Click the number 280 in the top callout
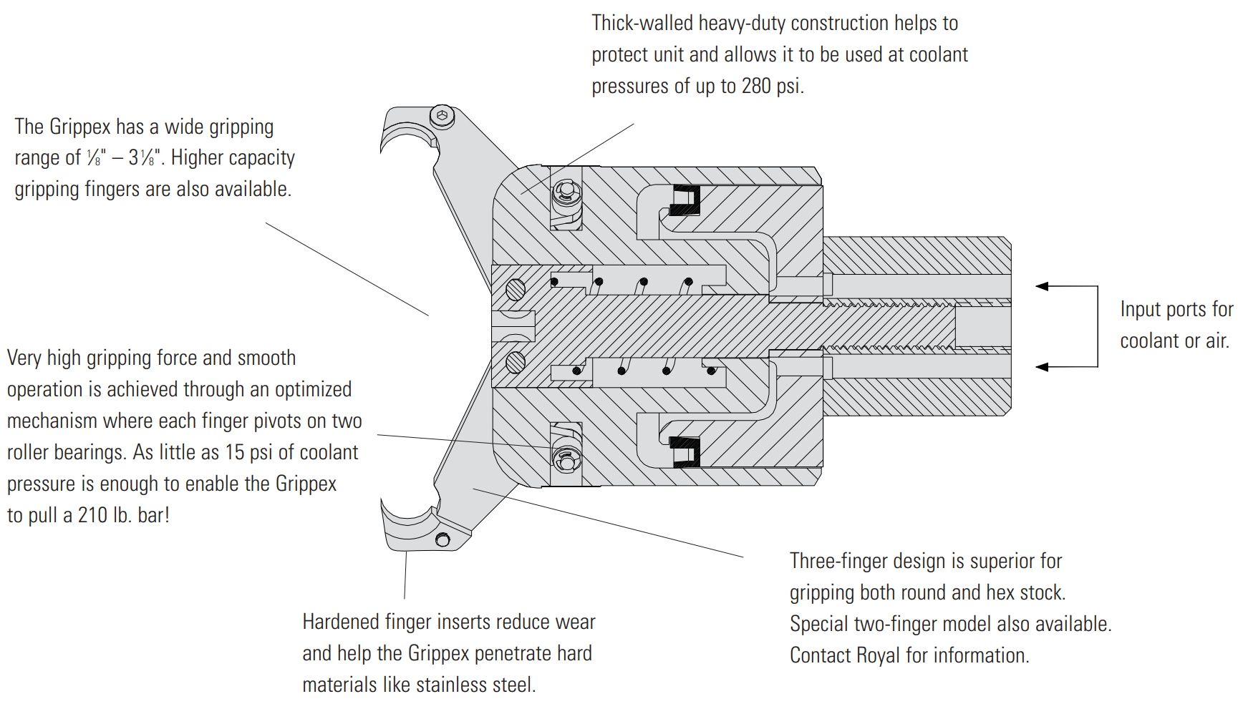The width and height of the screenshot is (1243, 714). click(756, 87)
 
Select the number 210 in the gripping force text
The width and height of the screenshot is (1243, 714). click(92, 515)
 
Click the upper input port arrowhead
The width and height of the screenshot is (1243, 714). click(1043, 286)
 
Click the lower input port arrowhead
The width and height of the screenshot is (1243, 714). click(1043, 367)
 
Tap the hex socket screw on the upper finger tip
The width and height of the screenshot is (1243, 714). click(442, 116)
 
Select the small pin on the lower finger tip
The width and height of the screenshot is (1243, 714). click(442, 540)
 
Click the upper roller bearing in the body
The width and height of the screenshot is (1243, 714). click(566, 191)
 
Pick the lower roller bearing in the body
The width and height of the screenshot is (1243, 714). click(566, 459)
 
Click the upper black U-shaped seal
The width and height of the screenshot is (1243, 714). click(685, 200)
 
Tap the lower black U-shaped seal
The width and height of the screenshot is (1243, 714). click(685, 451)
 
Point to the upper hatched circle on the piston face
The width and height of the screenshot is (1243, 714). click(515, 290)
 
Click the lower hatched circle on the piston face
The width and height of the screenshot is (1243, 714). click(515, 362)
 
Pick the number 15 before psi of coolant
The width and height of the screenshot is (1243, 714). click(235, 453)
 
